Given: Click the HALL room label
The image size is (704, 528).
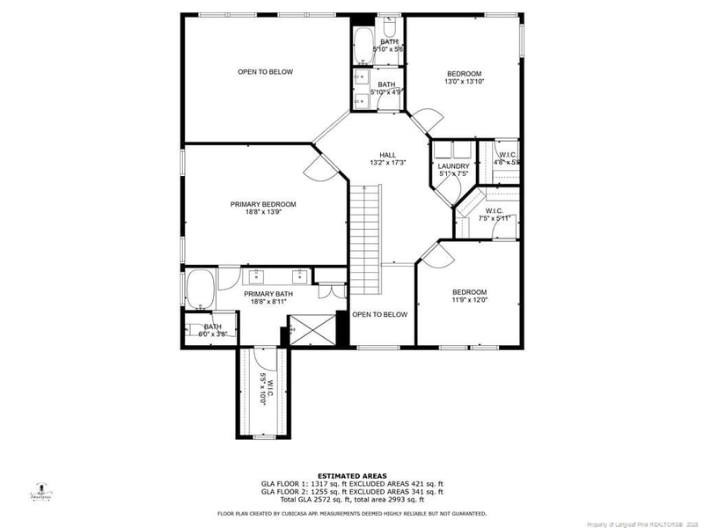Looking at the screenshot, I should (x=388, y=153).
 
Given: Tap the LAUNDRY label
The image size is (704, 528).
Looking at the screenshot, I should (x=454, y=166).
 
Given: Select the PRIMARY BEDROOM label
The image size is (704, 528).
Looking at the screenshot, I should (x=263, y=204).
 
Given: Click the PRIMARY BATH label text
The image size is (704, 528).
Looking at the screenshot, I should (x=268, y=294).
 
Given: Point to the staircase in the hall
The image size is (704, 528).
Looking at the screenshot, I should (x=364, y=238).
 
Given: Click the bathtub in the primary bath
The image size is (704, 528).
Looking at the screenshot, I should (x=200, y=290).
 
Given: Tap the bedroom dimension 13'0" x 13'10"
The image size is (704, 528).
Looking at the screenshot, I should (x=465, y=82).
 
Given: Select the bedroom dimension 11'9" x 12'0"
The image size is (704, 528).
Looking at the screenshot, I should (x=469, y=301).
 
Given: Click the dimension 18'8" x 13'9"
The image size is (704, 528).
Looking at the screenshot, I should (x=263, y=213).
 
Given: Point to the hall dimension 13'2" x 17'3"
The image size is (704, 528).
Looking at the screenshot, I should (x=388, y=162).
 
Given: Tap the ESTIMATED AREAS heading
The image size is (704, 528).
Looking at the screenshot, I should (x=352, y=476).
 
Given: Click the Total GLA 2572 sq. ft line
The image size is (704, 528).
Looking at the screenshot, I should (x=352, y=499).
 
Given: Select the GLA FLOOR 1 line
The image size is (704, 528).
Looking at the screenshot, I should (x=352, y=484).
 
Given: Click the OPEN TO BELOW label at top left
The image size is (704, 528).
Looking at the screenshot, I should (x=265, y=72).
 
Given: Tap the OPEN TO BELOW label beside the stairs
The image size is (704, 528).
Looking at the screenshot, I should (x=380, y=314).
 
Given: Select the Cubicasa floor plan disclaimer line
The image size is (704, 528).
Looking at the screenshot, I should (x=352, y=513).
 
